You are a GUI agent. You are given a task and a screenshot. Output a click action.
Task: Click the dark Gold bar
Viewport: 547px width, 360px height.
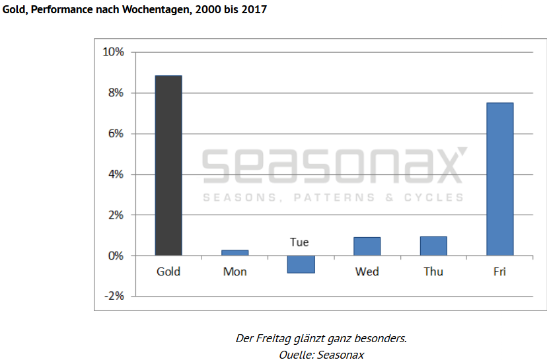click(x=168, y=165)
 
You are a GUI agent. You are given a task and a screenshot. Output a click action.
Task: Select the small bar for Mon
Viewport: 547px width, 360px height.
click(x=235, y=252)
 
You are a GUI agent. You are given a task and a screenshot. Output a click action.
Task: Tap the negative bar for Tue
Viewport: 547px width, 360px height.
click(x=301, y=264)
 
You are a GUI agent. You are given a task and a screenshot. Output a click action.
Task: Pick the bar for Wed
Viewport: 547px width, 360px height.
click(x=367, y=246)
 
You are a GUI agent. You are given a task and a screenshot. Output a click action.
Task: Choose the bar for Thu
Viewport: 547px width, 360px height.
click(x=433, y=246)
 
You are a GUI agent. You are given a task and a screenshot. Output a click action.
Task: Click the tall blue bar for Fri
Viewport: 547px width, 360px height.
click(x=499, y=178)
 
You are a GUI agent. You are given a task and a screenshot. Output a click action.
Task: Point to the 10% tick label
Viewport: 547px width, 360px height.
click(x=112, y=52)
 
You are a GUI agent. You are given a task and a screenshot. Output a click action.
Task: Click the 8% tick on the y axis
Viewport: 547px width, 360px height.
click(x=115, y=93)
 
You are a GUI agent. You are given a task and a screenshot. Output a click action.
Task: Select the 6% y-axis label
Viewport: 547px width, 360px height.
click(x=115, y=133)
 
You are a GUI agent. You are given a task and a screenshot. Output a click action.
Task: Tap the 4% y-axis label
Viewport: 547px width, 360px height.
click(x=115, y=174)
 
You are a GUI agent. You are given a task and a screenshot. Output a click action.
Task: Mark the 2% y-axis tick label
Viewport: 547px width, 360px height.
click(x=115, y=215)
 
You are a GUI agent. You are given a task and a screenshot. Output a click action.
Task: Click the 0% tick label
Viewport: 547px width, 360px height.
click(x=115, y=256)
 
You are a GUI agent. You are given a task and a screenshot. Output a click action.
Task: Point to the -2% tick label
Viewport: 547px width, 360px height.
click(x=113, y=296)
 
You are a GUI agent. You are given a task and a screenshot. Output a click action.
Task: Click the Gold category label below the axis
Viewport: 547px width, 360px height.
click(x=168, y=271)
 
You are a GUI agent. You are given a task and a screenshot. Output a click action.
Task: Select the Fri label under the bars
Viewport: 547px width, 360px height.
click(x=499, y=271)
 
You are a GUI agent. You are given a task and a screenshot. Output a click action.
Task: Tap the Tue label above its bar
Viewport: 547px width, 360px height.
click(x=299, y=242)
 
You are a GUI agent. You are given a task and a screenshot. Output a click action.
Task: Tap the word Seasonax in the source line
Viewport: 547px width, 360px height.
click(x=340, y=355)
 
